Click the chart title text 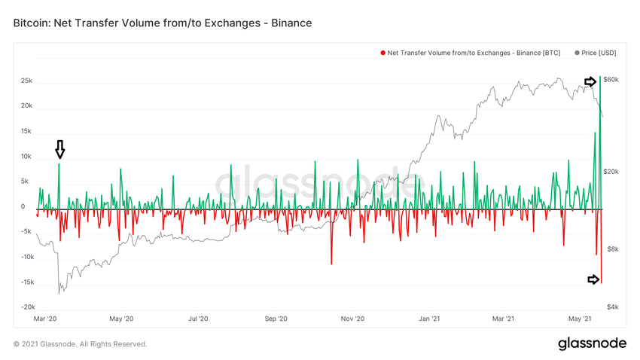(163, 23)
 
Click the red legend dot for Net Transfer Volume (383, 53)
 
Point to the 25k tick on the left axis (26, 81)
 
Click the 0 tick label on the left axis (23, 206)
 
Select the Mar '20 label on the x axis (46, 319)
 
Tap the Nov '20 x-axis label (353, 319)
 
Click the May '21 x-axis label (584, 319)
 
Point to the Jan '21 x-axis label (430, 319)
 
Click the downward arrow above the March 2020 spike (60, 149)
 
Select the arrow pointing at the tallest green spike (591, 81)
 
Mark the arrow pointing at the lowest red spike (593, 279)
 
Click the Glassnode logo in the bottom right (592, 343)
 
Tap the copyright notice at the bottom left (81, 344)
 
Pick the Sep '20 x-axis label (276, 319)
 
